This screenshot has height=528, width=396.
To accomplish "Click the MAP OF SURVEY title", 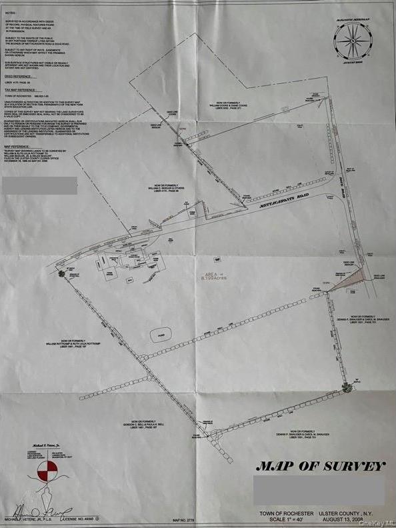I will [321, 465].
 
